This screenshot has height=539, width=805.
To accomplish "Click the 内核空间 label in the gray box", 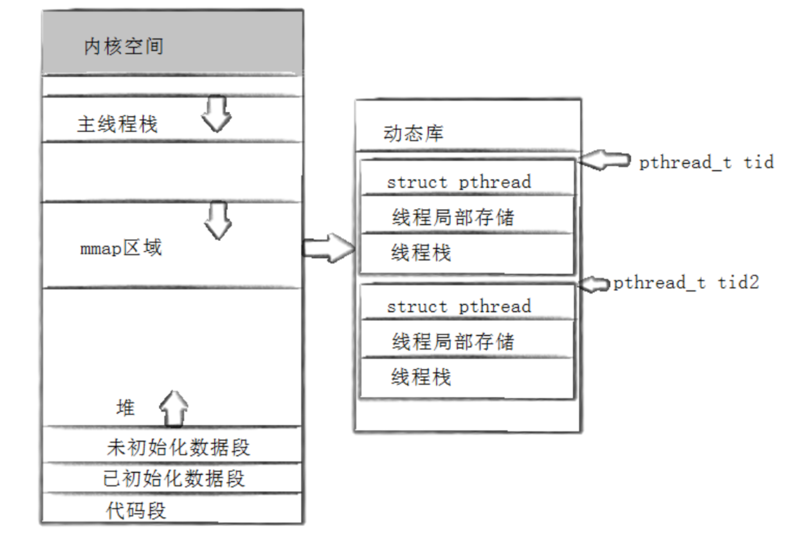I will [x=123, y=46].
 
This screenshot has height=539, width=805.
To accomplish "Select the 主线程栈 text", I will [x=117, y=124].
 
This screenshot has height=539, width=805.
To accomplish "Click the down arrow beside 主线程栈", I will [x=216, y=114].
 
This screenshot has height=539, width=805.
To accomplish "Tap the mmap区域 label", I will [x=121, y=248].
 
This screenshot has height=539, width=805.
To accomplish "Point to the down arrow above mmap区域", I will [x=218, y=220].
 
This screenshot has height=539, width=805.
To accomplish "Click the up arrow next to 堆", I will [x=174, y=409].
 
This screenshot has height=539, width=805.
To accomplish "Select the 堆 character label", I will [x=126, y=408].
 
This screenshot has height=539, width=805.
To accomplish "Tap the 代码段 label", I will [x=136, y=511].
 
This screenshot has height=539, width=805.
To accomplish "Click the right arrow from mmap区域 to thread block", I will [x=328, y=248].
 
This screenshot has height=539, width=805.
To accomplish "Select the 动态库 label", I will [x=413, y=134].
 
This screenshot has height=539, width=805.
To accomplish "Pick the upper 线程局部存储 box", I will [x=467, y=216].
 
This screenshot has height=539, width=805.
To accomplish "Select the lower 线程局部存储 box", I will [x=467, y=341].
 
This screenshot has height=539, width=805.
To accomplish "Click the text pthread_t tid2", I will [x=686, y=283].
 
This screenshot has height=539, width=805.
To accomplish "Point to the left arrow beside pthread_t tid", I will [x=605, y=161].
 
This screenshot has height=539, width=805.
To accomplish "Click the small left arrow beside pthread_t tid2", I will [x=595, y=284].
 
